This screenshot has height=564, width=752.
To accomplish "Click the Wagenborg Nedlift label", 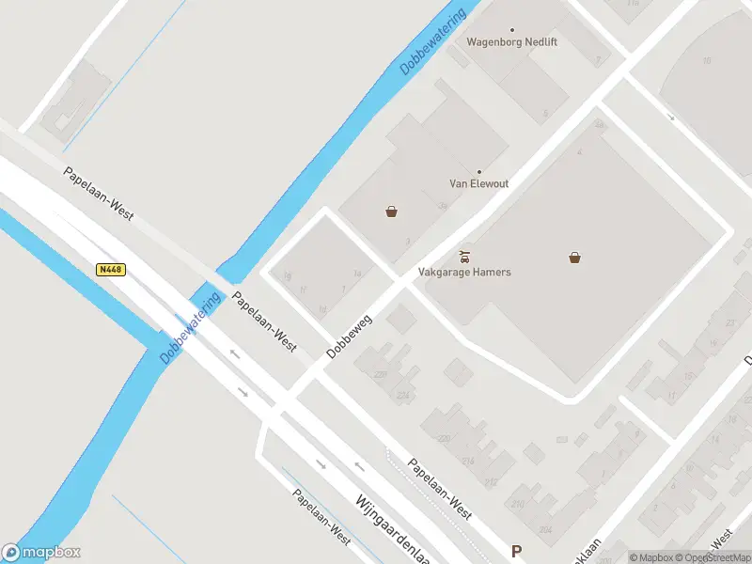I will tap(512, 42).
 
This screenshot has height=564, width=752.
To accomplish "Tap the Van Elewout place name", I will tap(478, 184).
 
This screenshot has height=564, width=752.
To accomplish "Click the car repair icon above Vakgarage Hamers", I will tap(464, 256).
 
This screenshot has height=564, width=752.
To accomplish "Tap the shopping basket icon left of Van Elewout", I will tap(391, 211).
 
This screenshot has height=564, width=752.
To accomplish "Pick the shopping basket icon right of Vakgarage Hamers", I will tap(574, 257).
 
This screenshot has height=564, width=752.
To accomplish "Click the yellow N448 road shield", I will tap(111, 270).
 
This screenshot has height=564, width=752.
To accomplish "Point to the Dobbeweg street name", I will tap(349, 336).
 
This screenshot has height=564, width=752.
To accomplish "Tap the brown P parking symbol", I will tap(515, 551).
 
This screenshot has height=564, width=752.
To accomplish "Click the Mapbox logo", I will tap(41, 553).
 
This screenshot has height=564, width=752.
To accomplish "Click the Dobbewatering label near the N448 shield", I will tap(190, 326).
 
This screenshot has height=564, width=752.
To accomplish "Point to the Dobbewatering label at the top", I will tap(432, 42).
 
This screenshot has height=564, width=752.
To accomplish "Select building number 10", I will tap(706, 61).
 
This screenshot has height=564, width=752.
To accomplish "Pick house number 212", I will tap(491, 482).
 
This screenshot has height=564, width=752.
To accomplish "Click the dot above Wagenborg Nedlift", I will tap(512, 30).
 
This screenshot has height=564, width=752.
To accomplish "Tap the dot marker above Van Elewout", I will tap(478, 172).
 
